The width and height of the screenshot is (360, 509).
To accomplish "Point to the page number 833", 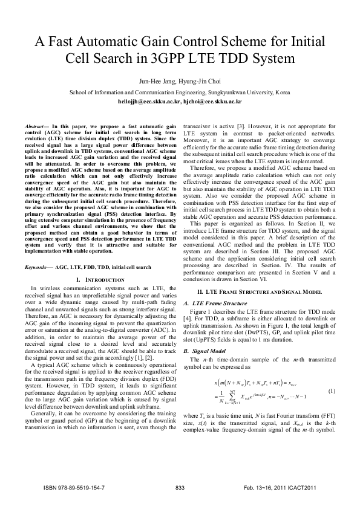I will [179, 487].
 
